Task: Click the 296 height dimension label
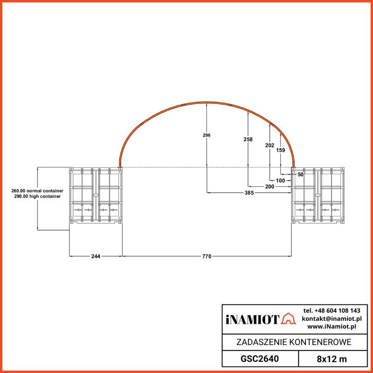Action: click(x=207, y=135)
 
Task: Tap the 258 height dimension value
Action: click(x=248, y=139)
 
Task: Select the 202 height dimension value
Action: click(x=269, y=145)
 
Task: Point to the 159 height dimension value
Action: click(x=280, y=150)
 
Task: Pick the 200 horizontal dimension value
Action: click(x=269, y=186)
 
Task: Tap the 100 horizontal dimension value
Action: click(x=280, y=180)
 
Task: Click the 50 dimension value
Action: click(x=300, y=174)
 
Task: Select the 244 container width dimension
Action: click(x=96, y=256)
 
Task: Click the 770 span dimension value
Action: click(x=207, y=256)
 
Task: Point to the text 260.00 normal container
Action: click(x=37, y=191)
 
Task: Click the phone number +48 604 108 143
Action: click(x=332, y=311)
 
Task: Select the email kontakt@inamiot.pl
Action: click(x=332, y=318)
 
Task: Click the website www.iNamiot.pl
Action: click(x=332, y=326)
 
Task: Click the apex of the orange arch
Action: click(x=207, y=102)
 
